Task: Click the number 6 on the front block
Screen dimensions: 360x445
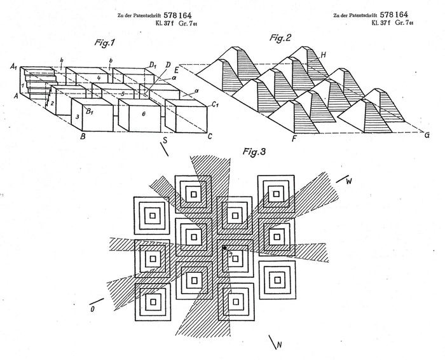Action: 143,113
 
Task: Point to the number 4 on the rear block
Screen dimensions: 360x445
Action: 98,78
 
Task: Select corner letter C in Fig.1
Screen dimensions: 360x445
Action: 210,135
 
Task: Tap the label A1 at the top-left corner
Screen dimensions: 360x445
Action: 13,64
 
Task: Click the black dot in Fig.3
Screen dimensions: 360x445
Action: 224,247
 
